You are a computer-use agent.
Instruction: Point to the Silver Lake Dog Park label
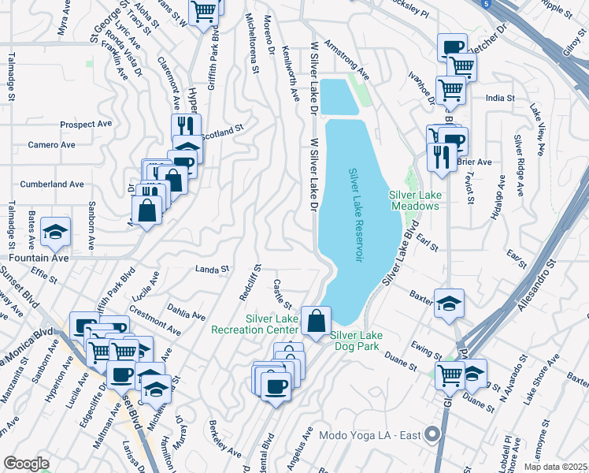361,341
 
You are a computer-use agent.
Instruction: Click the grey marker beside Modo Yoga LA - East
432,434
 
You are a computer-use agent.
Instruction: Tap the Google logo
26,464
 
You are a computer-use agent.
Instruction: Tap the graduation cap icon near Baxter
449,303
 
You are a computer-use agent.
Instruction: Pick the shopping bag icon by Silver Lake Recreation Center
316,321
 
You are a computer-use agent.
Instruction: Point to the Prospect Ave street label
87,125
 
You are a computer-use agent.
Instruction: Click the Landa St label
212,269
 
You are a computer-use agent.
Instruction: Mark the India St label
500,99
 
